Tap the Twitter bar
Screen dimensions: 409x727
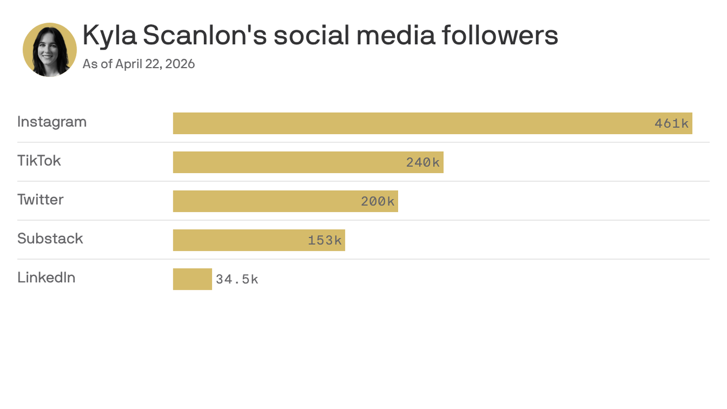point(266,201)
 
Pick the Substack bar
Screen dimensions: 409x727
point(239,240)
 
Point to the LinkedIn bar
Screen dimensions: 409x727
point(192,279)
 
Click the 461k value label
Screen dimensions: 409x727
point(672,124)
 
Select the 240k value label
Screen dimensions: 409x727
point(423,162)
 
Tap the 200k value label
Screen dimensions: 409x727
point(378,201)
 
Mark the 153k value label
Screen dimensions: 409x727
point(325,240)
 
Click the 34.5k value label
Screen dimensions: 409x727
point(237,279)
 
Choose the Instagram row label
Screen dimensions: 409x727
point(52,122)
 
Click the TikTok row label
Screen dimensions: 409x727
point(39,161)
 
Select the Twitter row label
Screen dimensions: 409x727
point(40,200)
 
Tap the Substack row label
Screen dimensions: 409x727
point(50,239)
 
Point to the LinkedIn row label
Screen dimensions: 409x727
point(46,277)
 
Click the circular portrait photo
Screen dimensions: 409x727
point(50,50)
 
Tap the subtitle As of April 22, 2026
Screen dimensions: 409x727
point(139,64)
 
